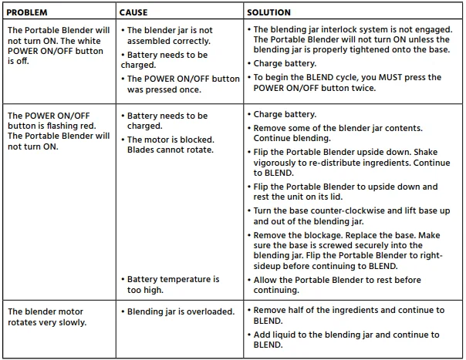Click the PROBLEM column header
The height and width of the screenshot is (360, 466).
[30, 13]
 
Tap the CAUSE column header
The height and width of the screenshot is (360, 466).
[133, 13]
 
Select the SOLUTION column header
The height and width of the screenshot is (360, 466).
[269, 13]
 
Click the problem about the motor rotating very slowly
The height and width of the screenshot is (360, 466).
[47, 316]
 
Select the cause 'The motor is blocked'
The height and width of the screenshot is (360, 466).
[170, 145]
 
